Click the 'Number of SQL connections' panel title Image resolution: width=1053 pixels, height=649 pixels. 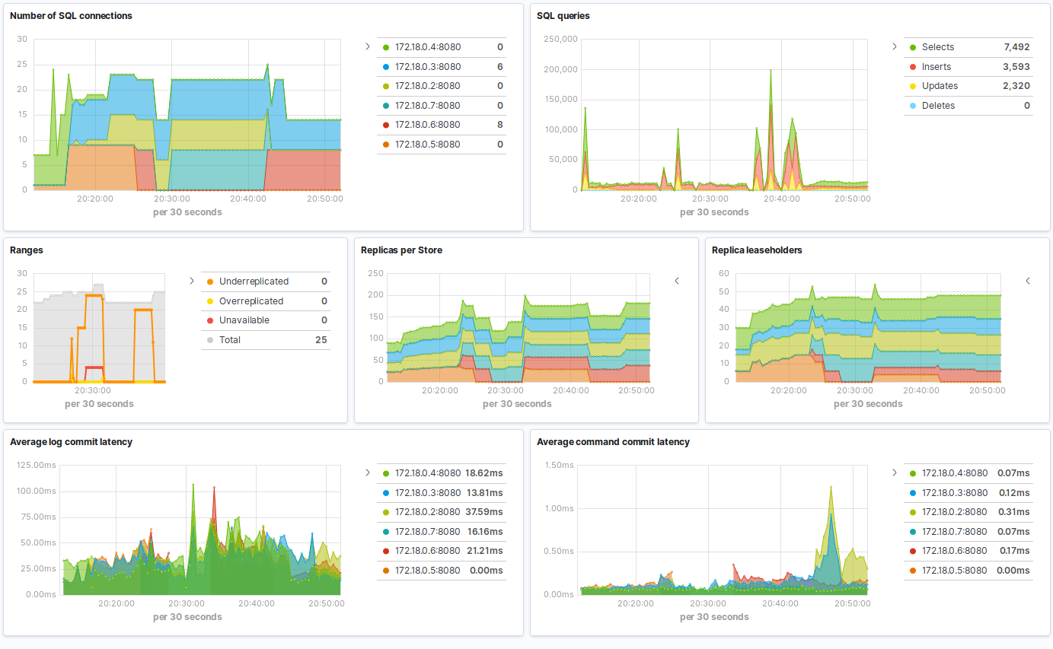[71, 15]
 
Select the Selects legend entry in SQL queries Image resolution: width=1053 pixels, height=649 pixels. [937, 47]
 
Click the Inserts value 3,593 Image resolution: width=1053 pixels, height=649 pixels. [1016, 67]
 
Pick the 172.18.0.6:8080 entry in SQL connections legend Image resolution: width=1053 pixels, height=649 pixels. [427, 125]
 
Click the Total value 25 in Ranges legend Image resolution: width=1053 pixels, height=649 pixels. [321, 340]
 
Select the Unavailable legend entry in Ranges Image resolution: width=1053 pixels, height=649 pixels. [244, 320]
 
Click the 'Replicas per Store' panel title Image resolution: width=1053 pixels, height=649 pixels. [401, 250]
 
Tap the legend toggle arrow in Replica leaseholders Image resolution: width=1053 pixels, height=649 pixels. [1027, 281]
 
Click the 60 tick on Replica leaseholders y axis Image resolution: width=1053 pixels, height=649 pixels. [723, 273]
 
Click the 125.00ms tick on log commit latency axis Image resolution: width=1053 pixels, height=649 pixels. [35, 465]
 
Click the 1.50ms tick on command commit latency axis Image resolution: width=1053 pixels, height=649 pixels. [559, 465]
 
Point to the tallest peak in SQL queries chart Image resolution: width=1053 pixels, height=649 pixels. [771, 71]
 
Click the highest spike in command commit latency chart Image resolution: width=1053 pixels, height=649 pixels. [831, 487]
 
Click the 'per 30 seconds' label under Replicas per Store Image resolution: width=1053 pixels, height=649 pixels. [517, 404]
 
